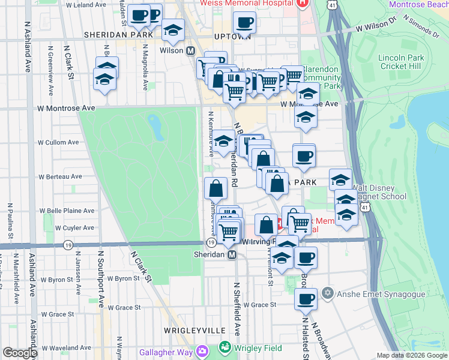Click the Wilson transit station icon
[191, 51]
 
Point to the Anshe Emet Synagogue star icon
[327, 294]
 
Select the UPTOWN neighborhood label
[232, 36]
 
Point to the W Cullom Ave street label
[58, 143]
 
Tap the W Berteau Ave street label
[60, 177]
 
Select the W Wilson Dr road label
[376, 28]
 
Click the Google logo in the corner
[20, 353]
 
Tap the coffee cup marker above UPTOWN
[244, 23]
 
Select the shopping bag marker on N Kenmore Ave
[216, 188]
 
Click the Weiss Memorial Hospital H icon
[302, 4]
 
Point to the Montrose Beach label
[418, 4]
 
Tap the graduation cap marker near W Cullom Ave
[224, 142]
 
